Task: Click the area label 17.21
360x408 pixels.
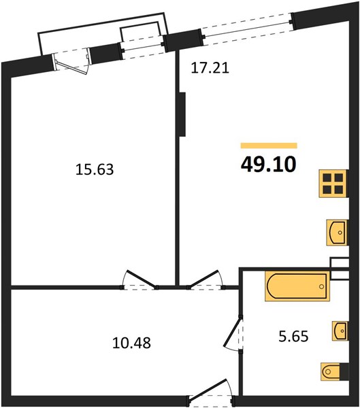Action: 210,68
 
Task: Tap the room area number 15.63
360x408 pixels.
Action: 95,169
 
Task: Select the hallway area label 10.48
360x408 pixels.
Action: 131,343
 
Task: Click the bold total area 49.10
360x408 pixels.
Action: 269,165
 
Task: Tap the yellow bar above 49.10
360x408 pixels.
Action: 269,146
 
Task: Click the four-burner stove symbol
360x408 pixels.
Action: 333,184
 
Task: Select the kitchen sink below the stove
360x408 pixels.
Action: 337,233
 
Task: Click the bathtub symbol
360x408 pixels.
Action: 297,286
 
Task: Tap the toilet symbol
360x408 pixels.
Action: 331,372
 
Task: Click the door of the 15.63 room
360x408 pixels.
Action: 140,279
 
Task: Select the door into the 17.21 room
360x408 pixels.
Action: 206,279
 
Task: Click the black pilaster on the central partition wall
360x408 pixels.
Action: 182,114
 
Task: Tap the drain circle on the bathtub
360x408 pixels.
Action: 321,286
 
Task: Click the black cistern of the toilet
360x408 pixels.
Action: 344,371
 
